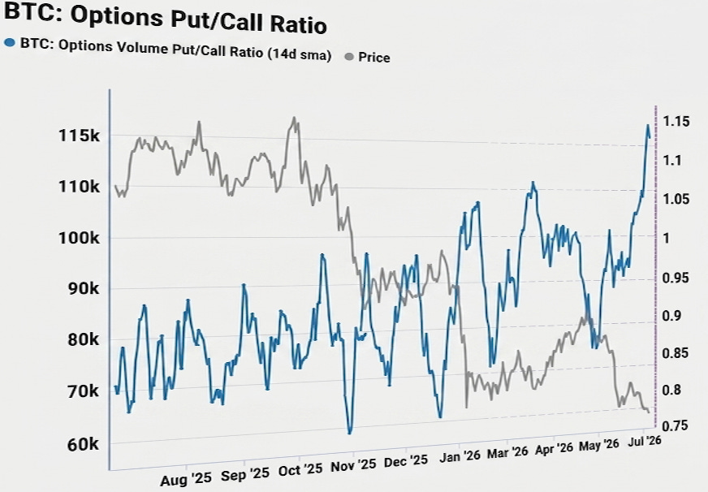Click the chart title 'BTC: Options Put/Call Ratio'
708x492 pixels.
click(166, 19)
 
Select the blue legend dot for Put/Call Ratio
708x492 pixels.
click(10, 43)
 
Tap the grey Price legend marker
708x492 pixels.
click(349, 57)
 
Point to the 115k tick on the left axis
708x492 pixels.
click(79, 135)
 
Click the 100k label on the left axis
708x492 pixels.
click(79, 238)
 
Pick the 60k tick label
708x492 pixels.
click(83, 445)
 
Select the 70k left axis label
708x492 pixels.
click(84, 391)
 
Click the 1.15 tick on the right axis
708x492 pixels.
click(676, 122)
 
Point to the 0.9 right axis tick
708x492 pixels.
click(671, 316)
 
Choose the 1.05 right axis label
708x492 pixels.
click(676, 199)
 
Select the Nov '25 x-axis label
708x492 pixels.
click(353, 465)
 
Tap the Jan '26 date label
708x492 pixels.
click(460, 456)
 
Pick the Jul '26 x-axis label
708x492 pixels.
click(645, 441)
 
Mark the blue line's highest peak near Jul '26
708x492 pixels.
click(647, 125)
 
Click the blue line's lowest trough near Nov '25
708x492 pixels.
click(349, 434)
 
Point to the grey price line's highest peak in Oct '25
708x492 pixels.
click(295, 118)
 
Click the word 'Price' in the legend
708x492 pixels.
click(373, 58)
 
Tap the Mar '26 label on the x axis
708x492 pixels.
click(507, 453)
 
